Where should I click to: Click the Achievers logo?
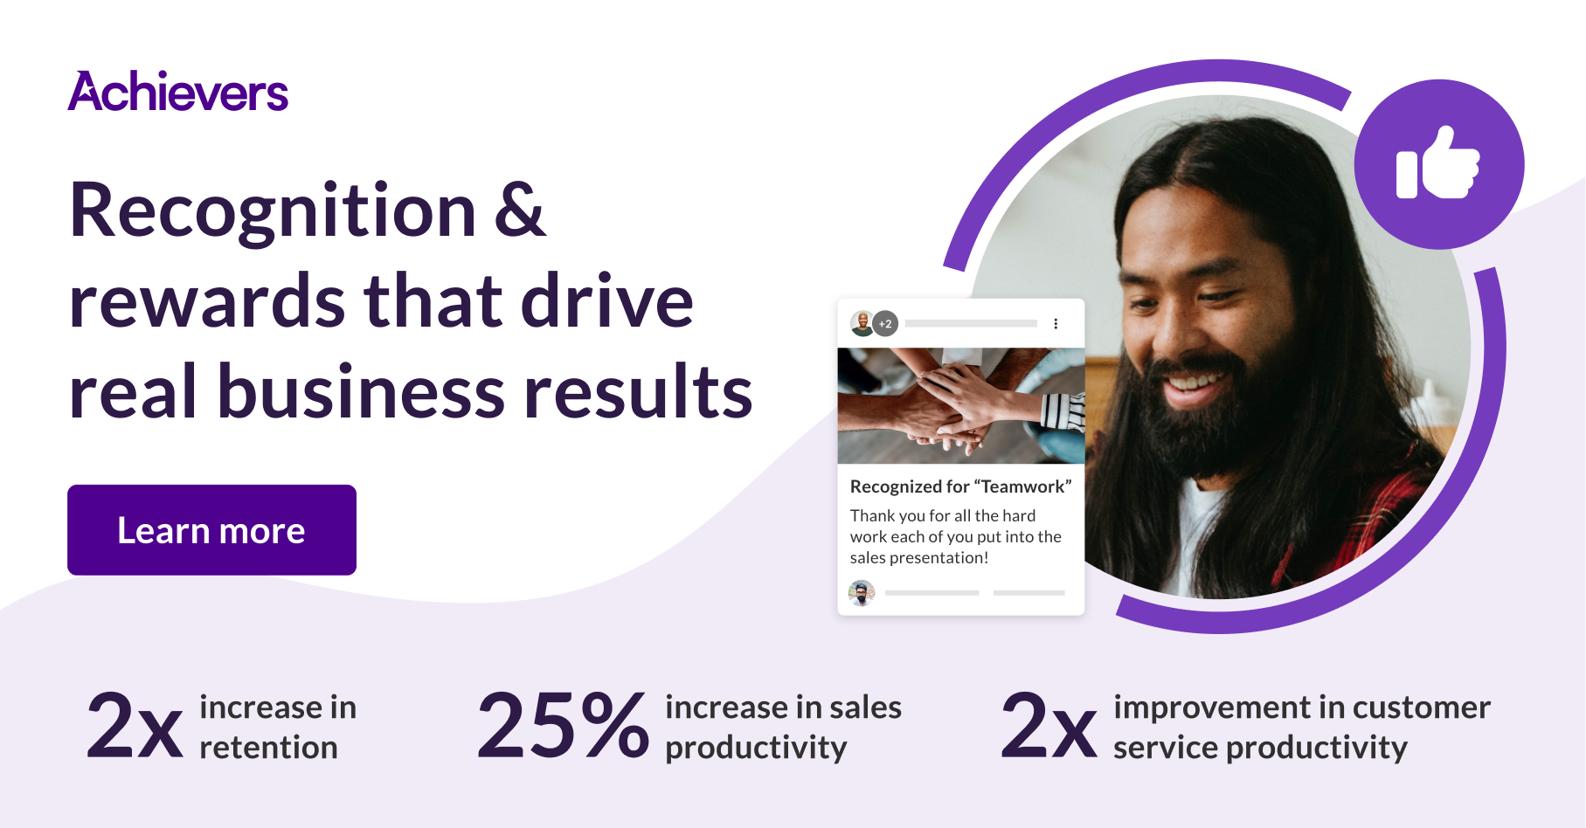click(178, 92)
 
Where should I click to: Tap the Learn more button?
click(211, 530)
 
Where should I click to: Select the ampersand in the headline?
click(520, 210)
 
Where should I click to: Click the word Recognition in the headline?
click(273, 210)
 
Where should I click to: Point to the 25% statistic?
click(563, 725)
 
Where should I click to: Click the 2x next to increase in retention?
click(135, 725)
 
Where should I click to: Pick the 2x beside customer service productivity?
click(1049, 725)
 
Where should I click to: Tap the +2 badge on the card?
click(885, 324)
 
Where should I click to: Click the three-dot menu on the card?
click(1056, 324)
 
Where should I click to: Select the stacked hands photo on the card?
click(960, 405)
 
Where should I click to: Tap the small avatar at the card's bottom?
click(862, 593)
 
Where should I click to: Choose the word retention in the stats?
click(268, 748)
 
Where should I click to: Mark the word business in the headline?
click(361, 392)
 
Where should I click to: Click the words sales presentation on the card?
click(918, 558)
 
